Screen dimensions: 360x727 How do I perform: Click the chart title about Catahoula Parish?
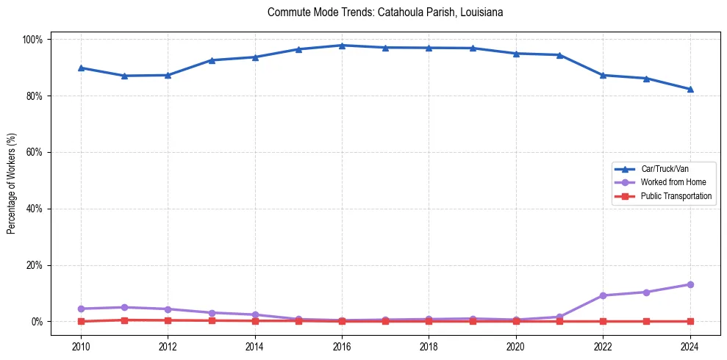[x=385, y=12]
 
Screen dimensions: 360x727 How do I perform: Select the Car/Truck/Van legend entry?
[x=665, y=169]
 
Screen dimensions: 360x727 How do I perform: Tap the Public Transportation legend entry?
[x=676, y=196]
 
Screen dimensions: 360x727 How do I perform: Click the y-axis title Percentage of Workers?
[x=12, y=180]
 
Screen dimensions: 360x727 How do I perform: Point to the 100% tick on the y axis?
[x=34, y=39]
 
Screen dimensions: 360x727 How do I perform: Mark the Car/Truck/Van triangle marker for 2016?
[x=342, y=46]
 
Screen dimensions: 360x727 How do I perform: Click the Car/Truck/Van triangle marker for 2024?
[x=690, y=89]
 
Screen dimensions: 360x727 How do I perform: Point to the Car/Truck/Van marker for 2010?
[x=81, y=68]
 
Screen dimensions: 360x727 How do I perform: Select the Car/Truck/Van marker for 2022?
[x=603, y=75]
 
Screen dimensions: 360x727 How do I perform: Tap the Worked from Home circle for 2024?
[x=690, y=284]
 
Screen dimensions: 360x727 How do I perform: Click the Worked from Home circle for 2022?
[x=603, y=295]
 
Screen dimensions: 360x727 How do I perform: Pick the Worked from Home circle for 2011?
[x=124, y=307]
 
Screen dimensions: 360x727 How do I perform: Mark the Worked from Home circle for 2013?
[x=211, y=313]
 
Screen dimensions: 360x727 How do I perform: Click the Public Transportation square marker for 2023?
[x=647, y=321]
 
